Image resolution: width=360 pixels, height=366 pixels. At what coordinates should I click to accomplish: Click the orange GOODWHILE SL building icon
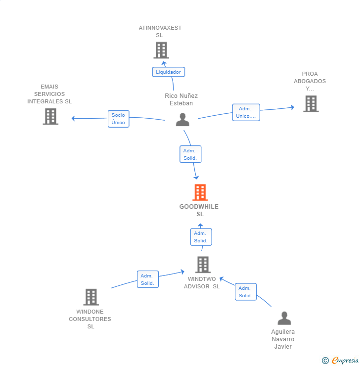200,192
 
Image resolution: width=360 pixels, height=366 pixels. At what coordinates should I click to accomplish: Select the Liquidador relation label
169,72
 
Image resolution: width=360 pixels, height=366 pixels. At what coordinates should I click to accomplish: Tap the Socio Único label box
119,119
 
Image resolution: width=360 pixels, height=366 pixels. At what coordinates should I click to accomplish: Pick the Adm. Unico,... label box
246,112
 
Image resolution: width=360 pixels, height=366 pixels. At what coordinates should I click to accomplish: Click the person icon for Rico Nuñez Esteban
182,120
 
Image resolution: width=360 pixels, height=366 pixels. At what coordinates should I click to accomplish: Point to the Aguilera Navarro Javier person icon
284,318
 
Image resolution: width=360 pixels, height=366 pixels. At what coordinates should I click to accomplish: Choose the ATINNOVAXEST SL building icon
161,50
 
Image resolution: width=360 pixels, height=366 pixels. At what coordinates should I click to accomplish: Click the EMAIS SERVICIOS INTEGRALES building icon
50,116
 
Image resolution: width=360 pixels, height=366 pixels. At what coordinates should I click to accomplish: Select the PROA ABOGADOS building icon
311,104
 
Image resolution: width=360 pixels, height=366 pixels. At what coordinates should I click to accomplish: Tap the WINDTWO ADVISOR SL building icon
203,265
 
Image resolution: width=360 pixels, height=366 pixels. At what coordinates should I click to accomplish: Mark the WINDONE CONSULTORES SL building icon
91,297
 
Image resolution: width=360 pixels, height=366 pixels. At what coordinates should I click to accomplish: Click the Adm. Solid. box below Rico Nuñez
190,154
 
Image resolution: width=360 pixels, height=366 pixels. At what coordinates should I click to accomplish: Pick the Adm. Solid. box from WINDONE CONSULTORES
148,279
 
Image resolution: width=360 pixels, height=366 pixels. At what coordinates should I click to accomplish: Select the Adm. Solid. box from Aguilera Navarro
246,292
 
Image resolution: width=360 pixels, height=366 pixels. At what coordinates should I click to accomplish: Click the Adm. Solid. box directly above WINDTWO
201,237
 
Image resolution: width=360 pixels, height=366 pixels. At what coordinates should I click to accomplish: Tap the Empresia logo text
345,361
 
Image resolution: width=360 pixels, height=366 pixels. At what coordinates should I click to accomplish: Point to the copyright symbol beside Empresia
325,361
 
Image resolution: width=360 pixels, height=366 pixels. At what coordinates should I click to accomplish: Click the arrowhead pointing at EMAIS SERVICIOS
73,118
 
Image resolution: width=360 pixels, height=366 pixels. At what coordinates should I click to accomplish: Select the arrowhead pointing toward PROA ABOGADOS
293,107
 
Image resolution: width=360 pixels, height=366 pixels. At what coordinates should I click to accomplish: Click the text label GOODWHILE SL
199,210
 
